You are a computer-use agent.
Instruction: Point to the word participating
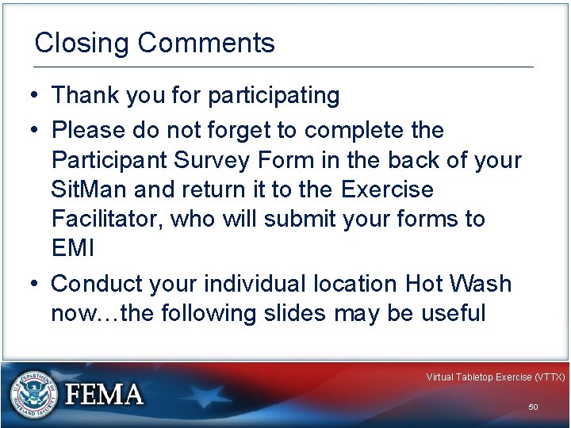274,96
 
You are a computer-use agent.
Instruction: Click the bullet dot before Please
28,130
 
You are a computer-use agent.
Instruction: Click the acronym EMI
72,248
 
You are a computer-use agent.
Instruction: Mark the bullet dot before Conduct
28,284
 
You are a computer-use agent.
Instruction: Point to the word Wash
482,284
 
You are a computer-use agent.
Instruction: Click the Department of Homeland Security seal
33,393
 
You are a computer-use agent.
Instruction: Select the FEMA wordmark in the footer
105,395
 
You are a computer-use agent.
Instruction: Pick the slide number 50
533,407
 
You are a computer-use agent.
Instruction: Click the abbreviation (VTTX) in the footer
550,377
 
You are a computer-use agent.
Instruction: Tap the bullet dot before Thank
28,96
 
